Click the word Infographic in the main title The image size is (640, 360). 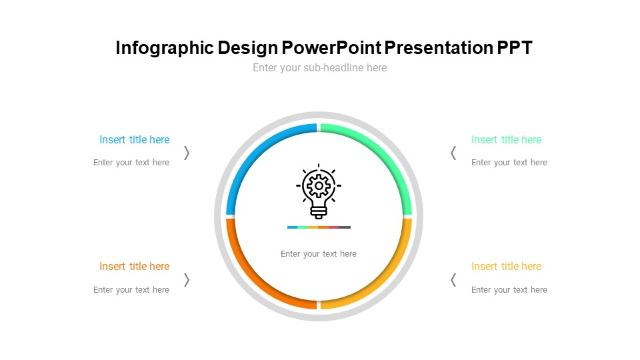[x=165, y=48]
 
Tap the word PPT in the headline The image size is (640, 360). [x=515, y=47]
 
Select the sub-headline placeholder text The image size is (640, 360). [x=319, y=68]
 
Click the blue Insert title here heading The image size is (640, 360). [x=134, y=139]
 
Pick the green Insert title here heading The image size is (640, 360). [x=506, y=139]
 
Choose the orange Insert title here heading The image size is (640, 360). [x=134, y=266]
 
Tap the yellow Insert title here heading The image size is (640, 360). [x=506, y=266]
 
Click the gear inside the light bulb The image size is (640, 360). [x=319, y=186]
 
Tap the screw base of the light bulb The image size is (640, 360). [x=319, y=213]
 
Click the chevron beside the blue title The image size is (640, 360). [x=187, y=153]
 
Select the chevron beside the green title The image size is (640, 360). [x=453, y=153]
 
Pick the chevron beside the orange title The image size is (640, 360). [x=187, y=280]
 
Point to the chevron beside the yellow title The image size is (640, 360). [x=453, y=280]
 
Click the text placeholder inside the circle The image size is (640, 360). [x=319, y=254]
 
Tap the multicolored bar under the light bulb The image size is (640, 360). [x=319, y=227]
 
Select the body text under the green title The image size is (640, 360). [x=509, y=163]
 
